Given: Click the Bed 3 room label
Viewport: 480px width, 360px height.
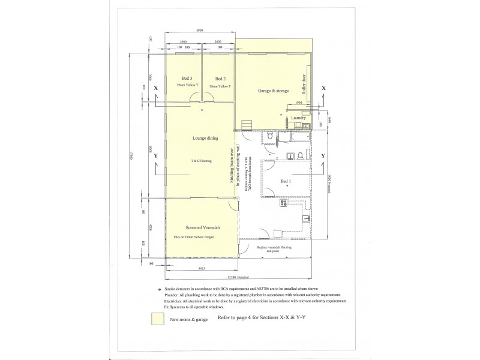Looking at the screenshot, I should (187, 79).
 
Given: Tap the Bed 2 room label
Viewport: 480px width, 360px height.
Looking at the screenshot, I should (220, 79).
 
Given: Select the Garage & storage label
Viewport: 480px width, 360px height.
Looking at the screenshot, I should (273, 91).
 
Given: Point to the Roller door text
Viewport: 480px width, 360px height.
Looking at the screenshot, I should (304, 86).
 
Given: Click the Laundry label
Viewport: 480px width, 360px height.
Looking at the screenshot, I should (299, 118).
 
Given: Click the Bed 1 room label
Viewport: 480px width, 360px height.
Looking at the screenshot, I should (287, 181).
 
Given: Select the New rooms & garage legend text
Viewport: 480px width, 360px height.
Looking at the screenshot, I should (190, 320).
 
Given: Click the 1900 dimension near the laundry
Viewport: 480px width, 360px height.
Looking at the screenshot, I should (299, 103).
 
